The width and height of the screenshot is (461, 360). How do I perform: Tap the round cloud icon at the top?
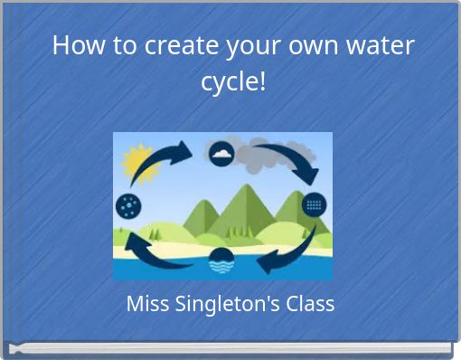[221, 153]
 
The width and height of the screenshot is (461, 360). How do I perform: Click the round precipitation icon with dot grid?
[314, 204]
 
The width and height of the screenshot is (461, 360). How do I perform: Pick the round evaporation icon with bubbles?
[128, 206]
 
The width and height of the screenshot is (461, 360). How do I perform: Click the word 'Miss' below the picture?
[146, 304]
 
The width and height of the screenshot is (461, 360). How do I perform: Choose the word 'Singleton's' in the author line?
[225, 304]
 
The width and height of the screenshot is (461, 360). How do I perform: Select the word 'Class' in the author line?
[310, 304]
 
